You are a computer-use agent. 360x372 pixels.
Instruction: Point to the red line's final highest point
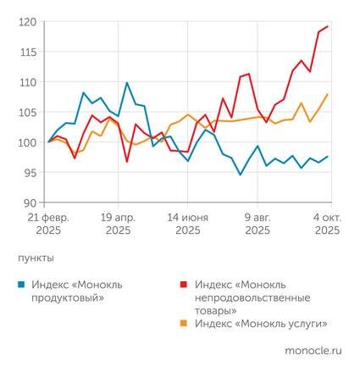(328, 26)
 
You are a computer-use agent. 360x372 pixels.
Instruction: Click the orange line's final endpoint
(328, 94)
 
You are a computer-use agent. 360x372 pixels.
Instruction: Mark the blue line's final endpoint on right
(328, 157)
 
